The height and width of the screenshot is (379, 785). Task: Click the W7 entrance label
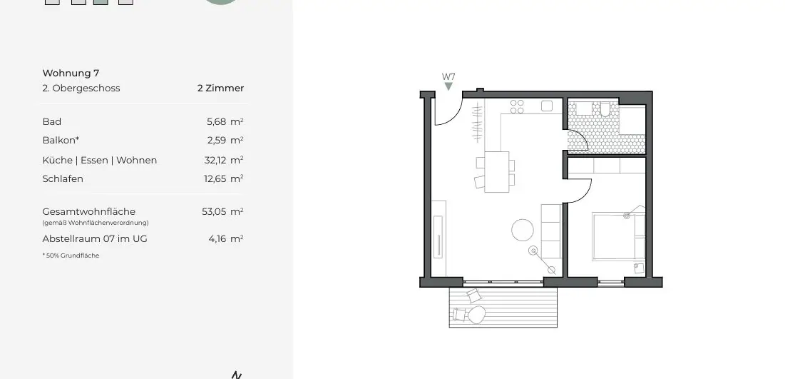click(x=448, y=76)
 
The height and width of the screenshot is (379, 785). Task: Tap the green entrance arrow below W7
click(x=448, y=86)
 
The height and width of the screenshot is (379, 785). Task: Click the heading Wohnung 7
click(x=71, y=73)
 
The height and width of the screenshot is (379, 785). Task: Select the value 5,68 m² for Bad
click(x=225, y=121)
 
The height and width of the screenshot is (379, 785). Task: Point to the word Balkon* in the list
click(x=61, y=141)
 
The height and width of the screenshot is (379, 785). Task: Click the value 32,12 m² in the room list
click(x=223, y=160)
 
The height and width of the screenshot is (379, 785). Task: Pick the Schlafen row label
click(x=63, y=178)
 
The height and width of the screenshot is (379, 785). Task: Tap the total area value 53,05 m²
click(x=222, y=211)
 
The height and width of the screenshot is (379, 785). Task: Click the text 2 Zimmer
click(x=220, y=89)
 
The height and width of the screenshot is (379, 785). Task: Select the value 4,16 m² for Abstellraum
click(x=225, y=238)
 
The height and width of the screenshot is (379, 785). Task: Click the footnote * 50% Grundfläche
click(x=71, y=256)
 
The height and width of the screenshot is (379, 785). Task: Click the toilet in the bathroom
click(x=605, y=109)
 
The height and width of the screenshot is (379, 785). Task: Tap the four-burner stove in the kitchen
click(x=517, y=106)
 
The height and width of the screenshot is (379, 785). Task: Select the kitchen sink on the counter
click(x=547, y=106)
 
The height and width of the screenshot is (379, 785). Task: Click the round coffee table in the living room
click(x=523, y=230)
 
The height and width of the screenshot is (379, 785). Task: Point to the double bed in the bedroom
click(x=617, y=236)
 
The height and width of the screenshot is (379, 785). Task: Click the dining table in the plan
click(x=497, y=171)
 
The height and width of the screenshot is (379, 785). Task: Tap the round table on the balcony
click(x=476, y=314)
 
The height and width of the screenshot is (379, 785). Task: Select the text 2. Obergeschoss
click(x=81, y=89)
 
